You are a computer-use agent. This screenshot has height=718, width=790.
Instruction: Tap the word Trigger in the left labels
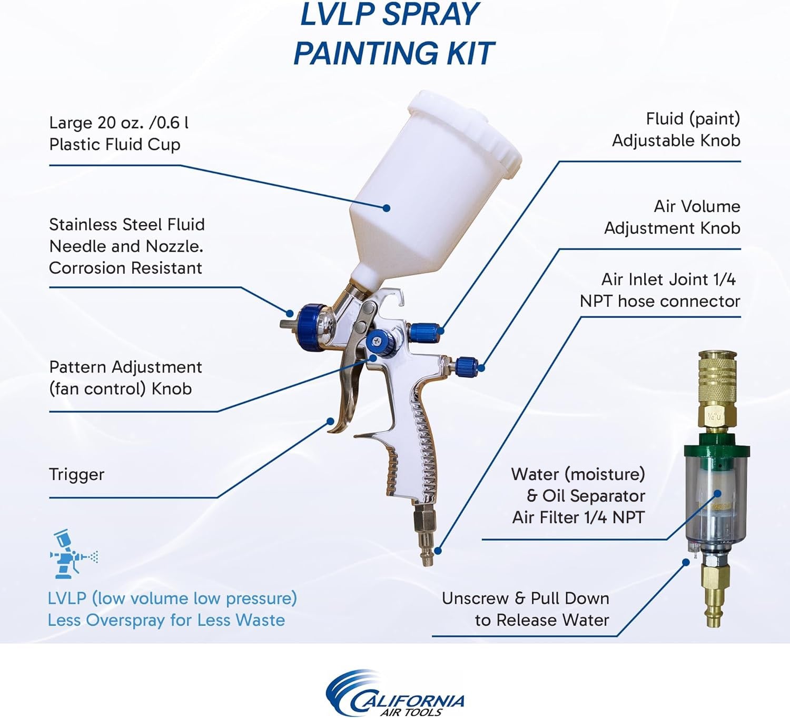(76, 474)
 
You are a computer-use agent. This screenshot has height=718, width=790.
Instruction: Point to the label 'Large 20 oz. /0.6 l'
(118, 123)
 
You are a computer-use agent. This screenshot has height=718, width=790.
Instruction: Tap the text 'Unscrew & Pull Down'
(525, 599)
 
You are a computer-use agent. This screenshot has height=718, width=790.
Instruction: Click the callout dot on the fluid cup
(386, 208)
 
